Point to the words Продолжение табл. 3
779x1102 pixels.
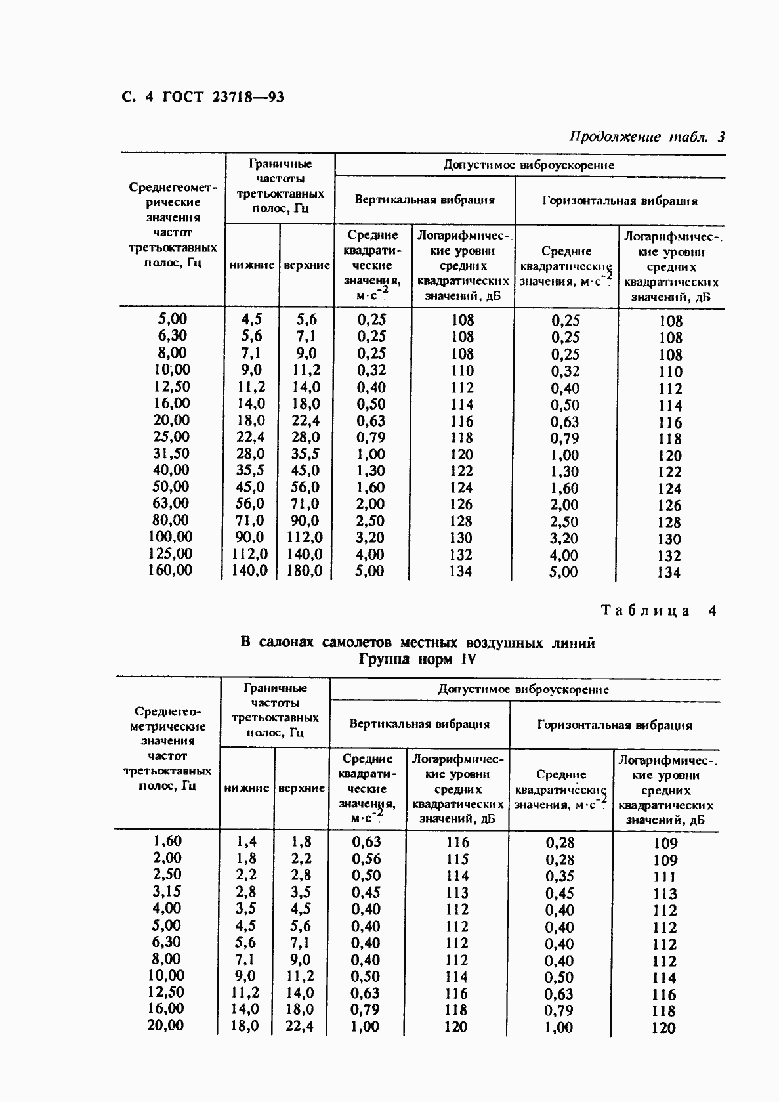tap(646, 138)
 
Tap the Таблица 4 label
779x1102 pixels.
tap(658, 611)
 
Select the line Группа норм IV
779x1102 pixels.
tap(417, 660)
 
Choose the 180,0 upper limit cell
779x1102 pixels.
tap(305, 571)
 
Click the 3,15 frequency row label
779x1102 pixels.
tap(167, 892)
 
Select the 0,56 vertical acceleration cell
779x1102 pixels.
tap(366, 859)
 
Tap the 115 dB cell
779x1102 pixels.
tap(457, 859)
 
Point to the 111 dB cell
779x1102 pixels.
tap(664, 877)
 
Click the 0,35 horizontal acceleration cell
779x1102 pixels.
tap(560, 876)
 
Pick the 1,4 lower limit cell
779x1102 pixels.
tap(246, 842)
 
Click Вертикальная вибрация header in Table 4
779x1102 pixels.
tap(419, 725)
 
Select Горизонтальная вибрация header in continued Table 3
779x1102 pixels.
tap(620, 201)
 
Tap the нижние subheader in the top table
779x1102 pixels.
tap(252, 265)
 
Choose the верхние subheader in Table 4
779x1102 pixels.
tap(302, 788)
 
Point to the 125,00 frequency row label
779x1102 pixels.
tap(170, 554)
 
